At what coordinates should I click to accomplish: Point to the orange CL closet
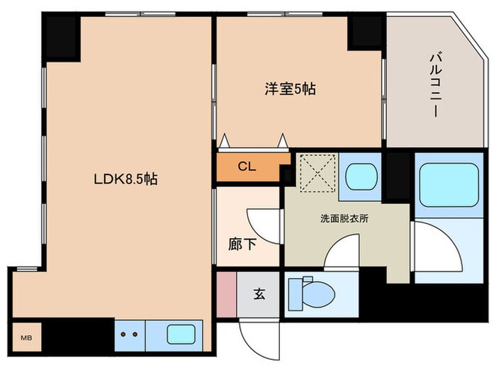coord(247,168)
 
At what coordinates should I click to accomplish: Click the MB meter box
coord(26,337)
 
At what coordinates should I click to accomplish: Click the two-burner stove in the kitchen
coord(130,334)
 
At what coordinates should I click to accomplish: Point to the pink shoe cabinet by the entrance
coord(225,293)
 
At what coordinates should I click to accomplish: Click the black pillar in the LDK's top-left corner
coord(62,30)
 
